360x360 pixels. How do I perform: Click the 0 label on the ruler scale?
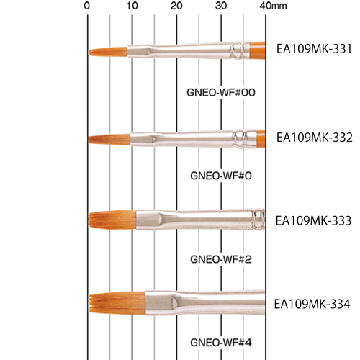pos(87,6)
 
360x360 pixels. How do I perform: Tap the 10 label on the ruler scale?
pos(132,6)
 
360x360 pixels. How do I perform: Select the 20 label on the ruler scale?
pos(176,6)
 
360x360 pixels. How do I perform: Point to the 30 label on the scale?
pos(221,6)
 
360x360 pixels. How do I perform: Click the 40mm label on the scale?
pos(274,6)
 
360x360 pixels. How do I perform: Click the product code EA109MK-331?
pos(314,49)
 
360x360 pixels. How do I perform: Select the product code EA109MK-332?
pos(315,138)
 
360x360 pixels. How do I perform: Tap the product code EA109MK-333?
pos(313,220)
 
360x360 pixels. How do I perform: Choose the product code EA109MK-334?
pos(312,304)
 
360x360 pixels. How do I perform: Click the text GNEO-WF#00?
pos(221,92)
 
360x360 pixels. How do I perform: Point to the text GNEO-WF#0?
pos(221,176)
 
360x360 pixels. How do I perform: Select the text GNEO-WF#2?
pos(221,259)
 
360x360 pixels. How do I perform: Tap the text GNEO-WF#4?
pos(221,343)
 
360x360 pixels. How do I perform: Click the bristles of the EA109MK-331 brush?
pos(108,52)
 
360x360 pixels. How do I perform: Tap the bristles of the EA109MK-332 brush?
pos(109,140)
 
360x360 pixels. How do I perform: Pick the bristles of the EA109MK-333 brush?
pos(112,220)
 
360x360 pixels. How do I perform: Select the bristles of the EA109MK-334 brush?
pos(117,302)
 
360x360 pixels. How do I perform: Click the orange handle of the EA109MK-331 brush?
pos(257,50)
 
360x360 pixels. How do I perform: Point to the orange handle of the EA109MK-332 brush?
pos(261,139)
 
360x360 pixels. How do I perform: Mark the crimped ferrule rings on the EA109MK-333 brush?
pos(258,220)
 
